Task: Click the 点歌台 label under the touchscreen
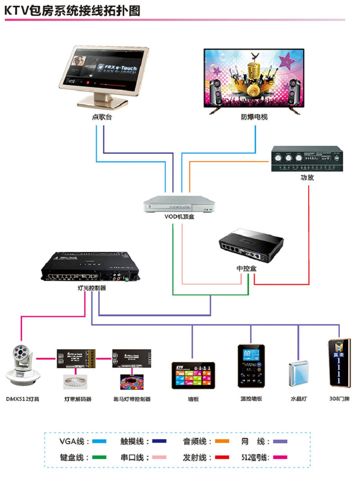102,117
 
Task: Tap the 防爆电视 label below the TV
254,117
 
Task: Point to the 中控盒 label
247,268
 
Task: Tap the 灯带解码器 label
78,399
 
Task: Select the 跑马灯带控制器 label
132,399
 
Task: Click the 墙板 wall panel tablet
193,374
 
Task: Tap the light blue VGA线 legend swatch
99,441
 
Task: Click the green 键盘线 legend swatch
99,457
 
